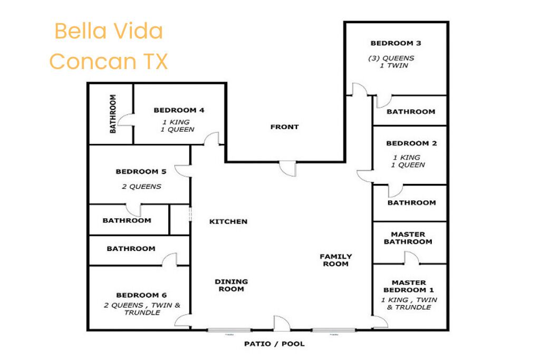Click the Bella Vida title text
[109, 31]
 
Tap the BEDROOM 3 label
[396, 43]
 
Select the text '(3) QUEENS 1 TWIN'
[392, 62]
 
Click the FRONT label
[284, 127]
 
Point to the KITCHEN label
[228, 222]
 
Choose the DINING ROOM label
[232, 285]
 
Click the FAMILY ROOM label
[336, 260]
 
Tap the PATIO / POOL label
[274, 344]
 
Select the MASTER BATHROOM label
[408, 238]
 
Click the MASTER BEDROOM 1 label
[409, 286]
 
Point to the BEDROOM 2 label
[411, 143]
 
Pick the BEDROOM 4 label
[179, 110]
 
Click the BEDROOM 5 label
[141, 171]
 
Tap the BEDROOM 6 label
[141, 295]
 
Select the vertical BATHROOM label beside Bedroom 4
[113, 114]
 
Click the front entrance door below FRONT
[287, 169]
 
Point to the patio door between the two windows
[282, 324]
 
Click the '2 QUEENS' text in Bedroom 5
[141, 187]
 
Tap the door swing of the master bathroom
[411, 258]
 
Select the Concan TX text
[109, 61]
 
